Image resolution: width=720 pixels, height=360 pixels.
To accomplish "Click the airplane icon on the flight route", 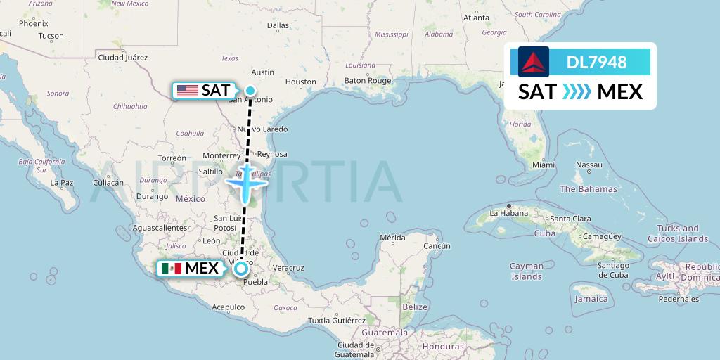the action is point(245,182).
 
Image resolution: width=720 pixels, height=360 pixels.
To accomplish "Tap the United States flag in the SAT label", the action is point(187,90).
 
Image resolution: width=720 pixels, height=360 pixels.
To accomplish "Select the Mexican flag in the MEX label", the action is point(171,269).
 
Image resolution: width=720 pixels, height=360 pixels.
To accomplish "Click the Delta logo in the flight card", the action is point(534,62).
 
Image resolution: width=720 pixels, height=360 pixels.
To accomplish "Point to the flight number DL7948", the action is point(596,63).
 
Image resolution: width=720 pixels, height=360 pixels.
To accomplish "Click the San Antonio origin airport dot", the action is point(250,89).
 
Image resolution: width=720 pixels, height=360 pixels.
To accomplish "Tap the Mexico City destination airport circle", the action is point(241,268).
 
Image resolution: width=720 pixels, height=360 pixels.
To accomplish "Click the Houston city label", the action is point(301,82).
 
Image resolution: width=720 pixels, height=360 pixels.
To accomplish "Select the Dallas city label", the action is point(278,25).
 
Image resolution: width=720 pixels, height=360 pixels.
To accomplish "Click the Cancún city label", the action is point(437,246).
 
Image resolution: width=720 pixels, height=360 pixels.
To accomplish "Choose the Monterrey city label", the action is point(221,155).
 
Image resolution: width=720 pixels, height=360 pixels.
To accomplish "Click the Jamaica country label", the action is point(591,299).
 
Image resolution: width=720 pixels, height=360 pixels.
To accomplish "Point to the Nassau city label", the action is point(589,165).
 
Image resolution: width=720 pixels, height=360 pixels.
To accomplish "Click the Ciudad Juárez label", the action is point(122,57).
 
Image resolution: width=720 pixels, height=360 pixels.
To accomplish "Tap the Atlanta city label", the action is point(476,18).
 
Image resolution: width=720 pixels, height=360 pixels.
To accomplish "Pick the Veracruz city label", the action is point(288,267).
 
